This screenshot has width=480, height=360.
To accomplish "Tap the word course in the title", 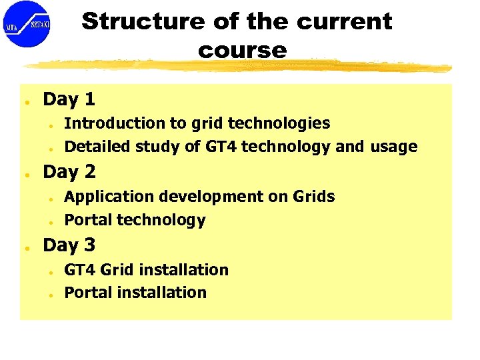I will click(242, 50).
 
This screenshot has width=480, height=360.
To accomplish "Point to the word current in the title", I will click(344, 21).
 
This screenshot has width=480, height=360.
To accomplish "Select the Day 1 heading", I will click(69, 100).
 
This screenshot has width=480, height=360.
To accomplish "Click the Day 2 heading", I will click(69, 172).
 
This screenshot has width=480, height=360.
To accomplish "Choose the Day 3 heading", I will click(69, 245).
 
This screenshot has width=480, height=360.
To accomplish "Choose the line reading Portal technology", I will click(135, 220).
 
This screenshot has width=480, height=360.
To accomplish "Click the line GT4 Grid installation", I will click(146, 270).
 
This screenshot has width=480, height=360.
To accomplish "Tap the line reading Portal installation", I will click(135, 293).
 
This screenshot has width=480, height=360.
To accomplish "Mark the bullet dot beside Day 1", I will click(24, 103).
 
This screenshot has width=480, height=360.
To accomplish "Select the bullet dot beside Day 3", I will click(24, 248).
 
